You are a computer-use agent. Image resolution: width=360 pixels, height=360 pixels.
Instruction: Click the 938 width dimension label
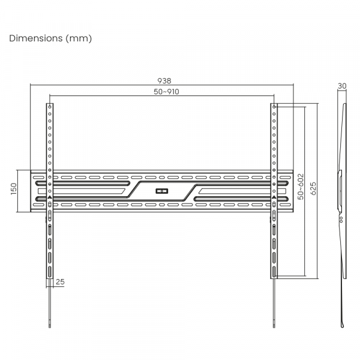[x=164, y=81]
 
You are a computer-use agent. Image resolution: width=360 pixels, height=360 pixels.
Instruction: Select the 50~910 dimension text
[x=166, y=92]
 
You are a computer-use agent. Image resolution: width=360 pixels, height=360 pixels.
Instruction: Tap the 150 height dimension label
[x=14, y=189]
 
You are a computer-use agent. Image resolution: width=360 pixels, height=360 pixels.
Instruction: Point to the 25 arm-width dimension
[x=60, y=282]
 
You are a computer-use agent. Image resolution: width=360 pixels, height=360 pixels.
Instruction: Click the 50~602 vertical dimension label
[x=301, y=187]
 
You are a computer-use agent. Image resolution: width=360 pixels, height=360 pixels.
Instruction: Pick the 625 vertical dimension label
[x=313, y=189]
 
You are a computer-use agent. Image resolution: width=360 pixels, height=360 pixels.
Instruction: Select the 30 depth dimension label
[x=342, y=86]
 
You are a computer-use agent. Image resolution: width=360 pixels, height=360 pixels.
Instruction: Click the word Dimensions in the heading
[x=36, y=38]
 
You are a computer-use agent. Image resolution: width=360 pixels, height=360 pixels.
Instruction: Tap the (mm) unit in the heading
[x=79, y=38]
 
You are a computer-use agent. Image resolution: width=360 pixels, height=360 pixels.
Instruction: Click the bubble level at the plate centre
[x=162, y=191]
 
